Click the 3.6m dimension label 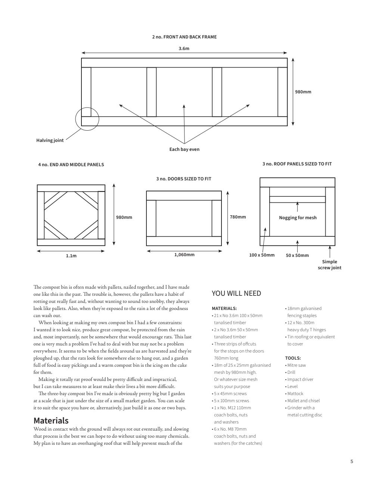tap(184, 49)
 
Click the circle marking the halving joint tap(87, 119)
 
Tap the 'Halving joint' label tap(50, 140)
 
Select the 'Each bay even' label tap(184, 149)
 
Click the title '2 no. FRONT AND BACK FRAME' tap(184, 37)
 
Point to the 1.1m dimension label tap(71, 256)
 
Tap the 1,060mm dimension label tap(184, 255)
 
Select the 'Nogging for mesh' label tap(298, 218)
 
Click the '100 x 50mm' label tap(262, 255)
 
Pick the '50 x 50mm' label tap(297, 255)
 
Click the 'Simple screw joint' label tap(329, 264)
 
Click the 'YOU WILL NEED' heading tap(236, 294)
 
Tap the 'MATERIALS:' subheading tap(224, 308)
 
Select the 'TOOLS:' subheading tap(293, 358)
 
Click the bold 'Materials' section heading tap(51, 420)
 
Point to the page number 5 tap(351, 462)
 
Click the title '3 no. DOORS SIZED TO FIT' tap(184, 179)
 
